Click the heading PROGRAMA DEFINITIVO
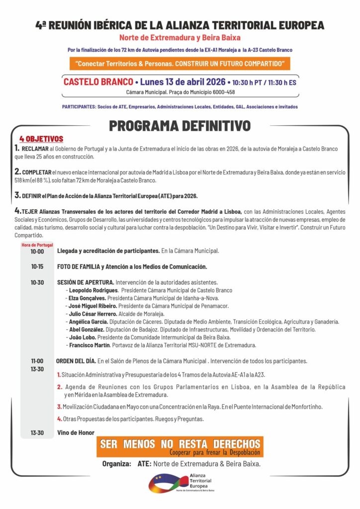click(x=180, y=126)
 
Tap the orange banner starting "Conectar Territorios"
click(x=180, y=64)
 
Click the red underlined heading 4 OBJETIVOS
click(x=41, y=139)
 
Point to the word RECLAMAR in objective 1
click(x=35, y=149)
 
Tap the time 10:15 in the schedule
click(x=37, y=267)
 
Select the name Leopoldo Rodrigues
click(x=93, y=290)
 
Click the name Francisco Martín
click(x=90, y=345)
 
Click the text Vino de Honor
click(x=76, y=432)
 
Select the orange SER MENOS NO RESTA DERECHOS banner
click(x=180, y=447)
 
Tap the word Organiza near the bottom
click(x=116, y=464)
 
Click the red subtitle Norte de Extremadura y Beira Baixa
click(x=180, y=38)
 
